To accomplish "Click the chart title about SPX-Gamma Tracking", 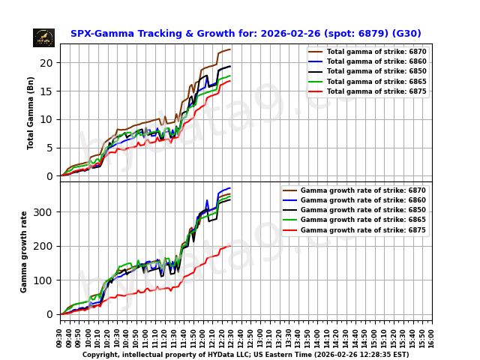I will [245, 34].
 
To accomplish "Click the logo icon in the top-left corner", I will [43, 37].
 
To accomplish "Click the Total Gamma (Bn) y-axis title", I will [31, 112].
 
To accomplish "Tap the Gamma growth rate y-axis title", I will [24, 251].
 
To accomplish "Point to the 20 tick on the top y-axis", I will [49, 62].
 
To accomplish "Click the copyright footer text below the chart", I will [245, 355].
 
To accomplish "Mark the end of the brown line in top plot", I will [230, 49].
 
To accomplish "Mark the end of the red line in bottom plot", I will [230, 245].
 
